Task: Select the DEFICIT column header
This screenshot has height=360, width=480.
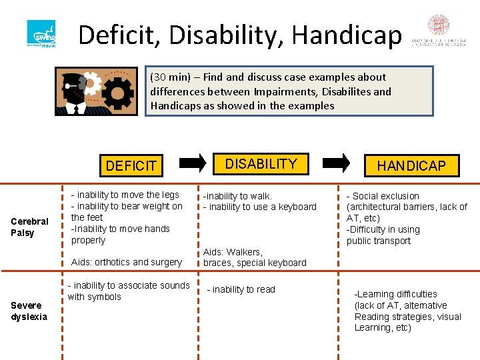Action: click(131, 165)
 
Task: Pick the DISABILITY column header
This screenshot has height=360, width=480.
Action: click(261, 163)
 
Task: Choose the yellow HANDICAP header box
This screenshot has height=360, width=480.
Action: click(411, 165)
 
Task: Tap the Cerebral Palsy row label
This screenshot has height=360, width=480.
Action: click(29, 227)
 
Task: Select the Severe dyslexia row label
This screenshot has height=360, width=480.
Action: click(29, 311)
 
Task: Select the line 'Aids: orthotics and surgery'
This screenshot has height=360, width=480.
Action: click(126, 262)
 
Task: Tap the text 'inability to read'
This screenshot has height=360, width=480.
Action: click(243, 289)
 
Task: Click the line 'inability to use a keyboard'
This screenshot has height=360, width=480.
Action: click(262, 207)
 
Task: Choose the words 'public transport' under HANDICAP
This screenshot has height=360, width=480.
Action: click(378, 241)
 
